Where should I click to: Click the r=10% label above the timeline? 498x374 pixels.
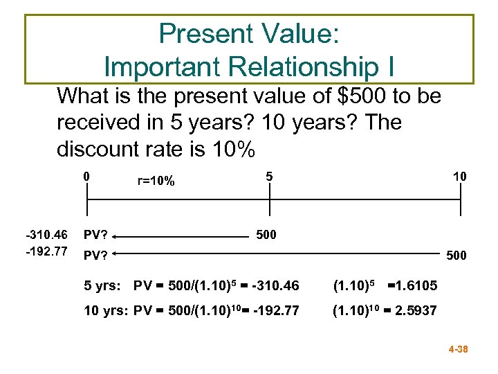(x=156, y=181)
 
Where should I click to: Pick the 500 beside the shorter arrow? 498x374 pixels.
(x=266, y=235)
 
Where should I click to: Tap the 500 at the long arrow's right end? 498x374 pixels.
(x=456, y=256)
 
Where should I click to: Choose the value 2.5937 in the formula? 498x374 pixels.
(x=417, y=311)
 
